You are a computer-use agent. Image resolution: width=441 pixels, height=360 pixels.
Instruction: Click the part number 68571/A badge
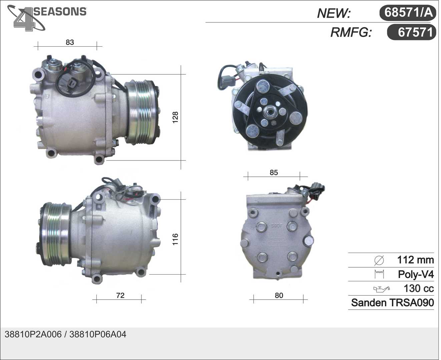pyautogui.click(x=408, y=13)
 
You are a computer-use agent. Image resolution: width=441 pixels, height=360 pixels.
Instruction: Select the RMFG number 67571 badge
pyautogui.click(x=412, y=32)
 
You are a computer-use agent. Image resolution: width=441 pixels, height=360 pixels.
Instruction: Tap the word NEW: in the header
pyautogui.click(x=334, y=13)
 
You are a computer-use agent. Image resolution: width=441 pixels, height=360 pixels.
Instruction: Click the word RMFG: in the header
pyautogui.click(x=351, y=33)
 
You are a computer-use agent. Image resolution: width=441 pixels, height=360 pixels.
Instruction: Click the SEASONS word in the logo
pyautogui.click(x=60, y=11)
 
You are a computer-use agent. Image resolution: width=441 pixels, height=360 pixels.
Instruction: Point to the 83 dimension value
pyautogui.click(x=70, y=42)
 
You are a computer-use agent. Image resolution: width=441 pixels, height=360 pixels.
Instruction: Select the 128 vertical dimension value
pyautogui.click(x=175, y=117)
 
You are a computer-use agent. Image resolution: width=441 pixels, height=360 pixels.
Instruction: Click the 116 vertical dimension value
pyautogui.click(x=175, y=239)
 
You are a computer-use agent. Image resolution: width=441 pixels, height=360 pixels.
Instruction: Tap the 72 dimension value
pyautogui.click(x=120, y=295)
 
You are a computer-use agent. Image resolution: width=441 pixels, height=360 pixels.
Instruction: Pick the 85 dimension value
pyautogui.click(x=274, y=173)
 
